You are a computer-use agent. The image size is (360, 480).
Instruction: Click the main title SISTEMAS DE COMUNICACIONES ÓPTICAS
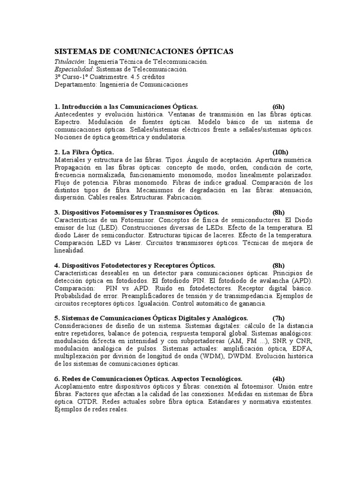point(144,52)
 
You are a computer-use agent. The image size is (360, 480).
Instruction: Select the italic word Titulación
point(70,62)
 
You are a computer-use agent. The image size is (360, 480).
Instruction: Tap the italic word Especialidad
point(72,69)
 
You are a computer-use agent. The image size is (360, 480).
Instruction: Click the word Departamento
point(75,84)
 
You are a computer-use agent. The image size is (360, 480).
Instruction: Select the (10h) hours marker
point(281,152)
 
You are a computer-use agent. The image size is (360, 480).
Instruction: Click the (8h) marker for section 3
point(279,212)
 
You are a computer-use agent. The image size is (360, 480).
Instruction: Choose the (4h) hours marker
point(279,378)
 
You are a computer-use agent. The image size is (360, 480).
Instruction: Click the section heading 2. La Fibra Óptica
point(84,152)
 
